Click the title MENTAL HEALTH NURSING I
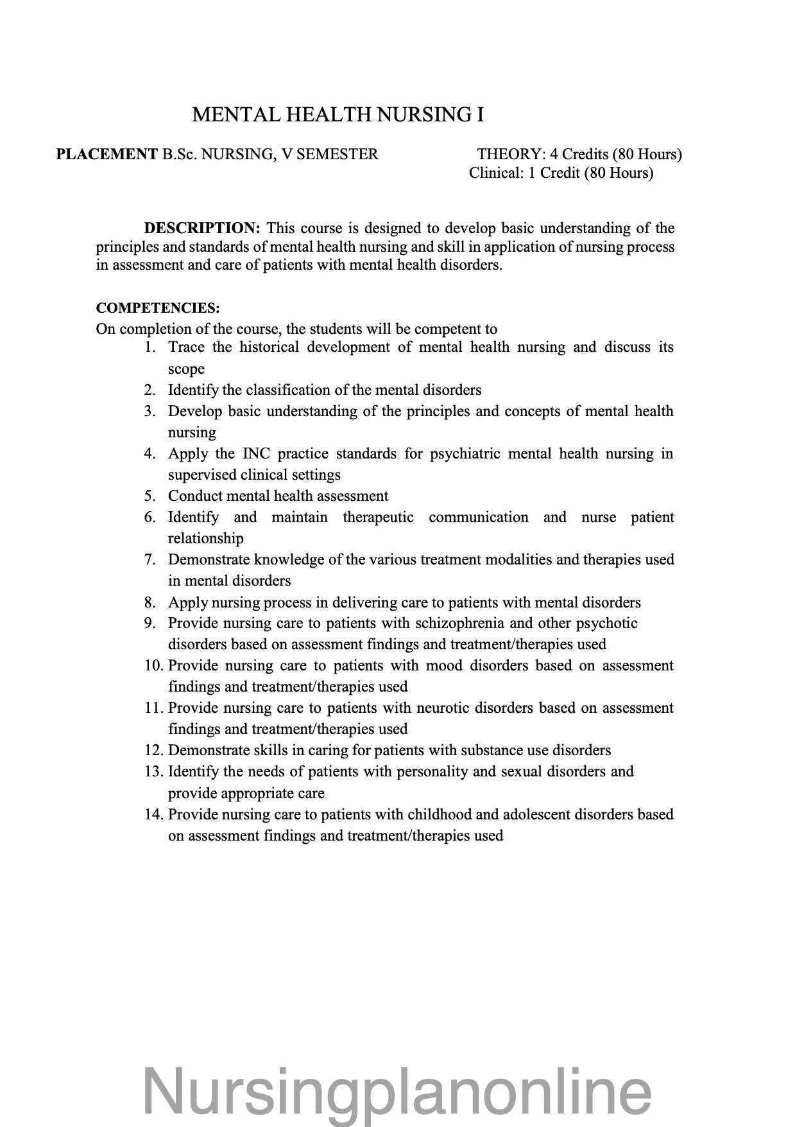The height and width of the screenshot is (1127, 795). click(x=338, y=115)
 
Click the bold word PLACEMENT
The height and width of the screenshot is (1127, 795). click(x=107, y=154)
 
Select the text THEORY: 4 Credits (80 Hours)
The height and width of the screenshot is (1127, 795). click(x=579, y=154)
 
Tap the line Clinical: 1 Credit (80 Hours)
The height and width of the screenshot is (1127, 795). click(x=561, y=173)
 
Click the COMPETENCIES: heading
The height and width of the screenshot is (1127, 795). click(x=158, y=308)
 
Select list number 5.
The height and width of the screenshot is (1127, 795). click(x=150, y=496)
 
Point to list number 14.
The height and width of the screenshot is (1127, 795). click(x=154, y=814)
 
